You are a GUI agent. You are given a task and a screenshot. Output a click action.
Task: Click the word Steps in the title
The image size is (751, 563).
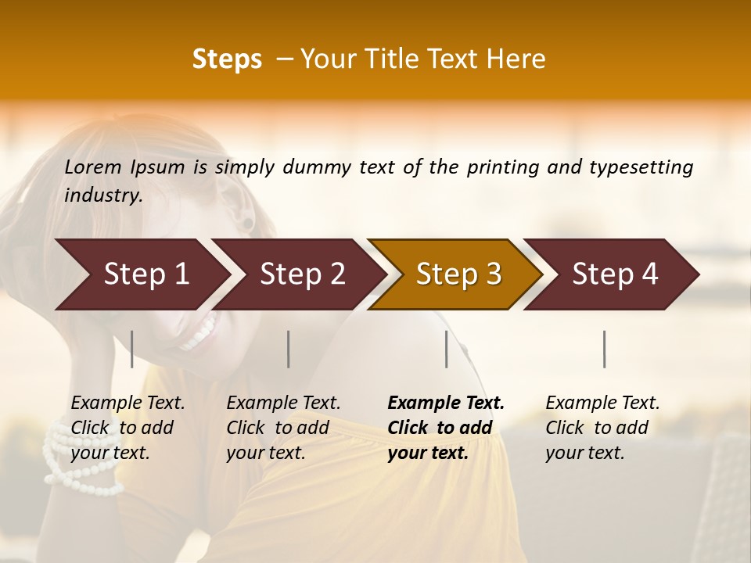pyautogui.click(x=227, y=59)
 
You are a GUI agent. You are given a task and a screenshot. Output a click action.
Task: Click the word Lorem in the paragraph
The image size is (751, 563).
pyautogui.click(x=93, y=167)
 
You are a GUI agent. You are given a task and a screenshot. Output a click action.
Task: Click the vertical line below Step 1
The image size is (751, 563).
pyautogui.click(x=132, y=349)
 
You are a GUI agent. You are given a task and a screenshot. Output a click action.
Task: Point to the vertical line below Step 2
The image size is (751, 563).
pyautogui.click(x=289, y=349)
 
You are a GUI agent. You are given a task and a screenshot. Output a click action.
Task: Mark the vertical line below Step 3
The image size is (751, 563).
pyautogui.click(x=447, y=349)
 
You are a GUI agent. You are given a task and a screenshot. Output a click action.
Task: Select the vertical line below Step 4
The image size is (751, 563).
pyautogui.click(x=604, y=349)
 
